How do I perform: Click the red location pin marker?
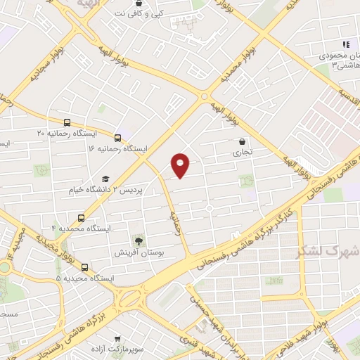click(x=181, y=165)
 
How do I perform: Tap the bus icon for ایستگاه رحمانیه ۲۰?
click(x=67, y=122)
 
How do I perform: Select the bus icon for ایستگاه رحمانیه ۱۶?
click(x=117, y=138)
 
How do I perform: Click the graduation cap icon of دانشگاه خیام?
click(x=105, y=179)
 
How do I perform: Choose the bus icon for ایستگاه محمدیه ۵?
click(x=85, y=266)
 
